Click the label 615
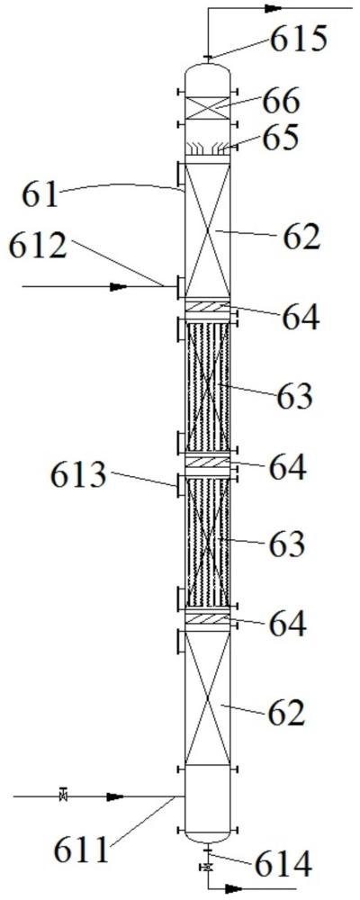(x=299, y=40)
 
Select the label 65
(x=281, y=139)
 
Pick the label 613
(x=78, y=476)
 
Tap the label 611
(x=81, y=850)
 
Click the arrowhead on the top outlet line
(x=274, y=8)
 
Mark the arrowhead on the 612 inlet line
(x=118, y=286)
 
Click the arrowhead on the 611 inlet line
(x=115, y=796)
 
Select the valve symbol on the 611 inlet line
(x=64, y=796)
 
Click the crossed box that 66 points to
(x=207, y=108)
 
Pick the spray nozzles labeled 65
(x=207, y=148)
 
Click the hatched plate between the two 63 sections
(x=207, y=462)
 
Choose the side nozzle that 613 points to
(x=181, y=486)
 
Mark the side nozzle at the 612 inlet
(x=181, y=286)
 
